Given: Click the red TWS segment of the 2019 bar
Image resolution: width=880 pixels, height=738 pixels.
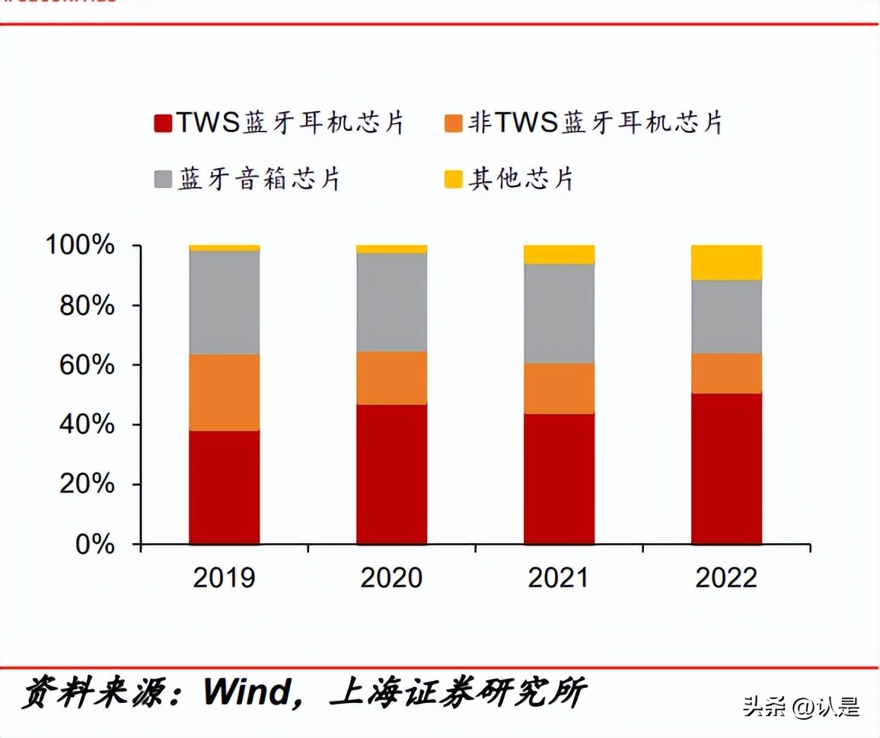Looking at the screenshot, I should click(x=224, y=487).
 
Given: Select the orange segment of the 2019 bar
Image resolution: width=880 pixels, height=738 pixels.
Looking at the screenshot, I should click(x=224, y=392).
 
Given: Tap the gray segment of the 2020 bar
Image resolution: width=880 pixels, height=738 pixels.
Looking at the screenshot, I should click(x=391, y=302).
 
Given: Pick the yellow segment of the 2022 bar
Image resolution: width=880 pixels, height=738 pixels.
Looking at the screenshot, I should click(x=726, y=262).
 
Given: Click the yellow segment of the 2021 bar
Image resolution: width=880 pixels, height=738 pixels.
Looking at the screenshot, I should click(x=559, y=254).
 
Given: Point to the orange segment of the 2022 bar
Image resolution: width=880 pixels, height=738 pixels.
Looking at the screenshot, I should click(x=726, y=373).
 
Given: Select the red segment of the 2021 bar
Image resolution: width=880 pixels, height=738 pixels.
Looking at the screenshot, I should click(x=559, y=479).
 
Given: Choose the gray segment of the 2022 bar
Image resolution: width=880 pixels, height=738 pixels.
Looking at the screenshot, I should click(x=726, y=317).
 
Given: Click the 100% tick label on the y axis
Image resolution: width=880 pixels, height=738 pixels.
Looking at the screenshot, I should click(x=79, y=246).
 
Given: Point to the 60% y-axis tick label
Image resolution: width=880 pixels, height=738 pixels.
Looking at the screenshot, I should click(x=86, y=365).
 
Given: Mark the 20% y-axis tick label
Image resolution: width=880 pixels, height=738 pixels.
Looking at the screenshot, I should click(x=86, y=485).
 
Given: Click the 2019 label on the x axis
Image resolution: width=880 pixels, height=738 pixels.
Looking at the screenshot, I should click(x=224, y=578).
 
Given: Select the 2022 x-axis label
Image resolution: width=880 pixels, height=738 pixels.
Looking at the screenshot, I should click(x=726, y=578).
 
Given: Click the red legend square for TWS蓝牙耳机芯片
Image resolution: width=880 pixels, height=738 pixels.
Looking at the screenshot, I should click(x=163, y=123).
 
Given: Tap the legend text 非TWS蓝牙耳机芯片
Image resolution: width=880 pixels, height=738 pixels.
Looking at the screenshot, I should click(x=595, y=122).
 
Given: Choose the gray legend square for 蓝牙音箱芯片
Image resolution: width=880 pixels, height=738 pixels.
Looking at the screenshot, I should click(x=163, y=180).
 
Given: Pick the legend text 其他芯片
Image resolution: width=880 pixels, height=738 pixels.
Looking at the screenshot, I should click(x=521, y=180).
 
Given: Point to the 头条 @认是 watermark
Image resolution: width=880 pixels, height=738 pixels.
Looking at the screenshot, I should click(x=801, y=707).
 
